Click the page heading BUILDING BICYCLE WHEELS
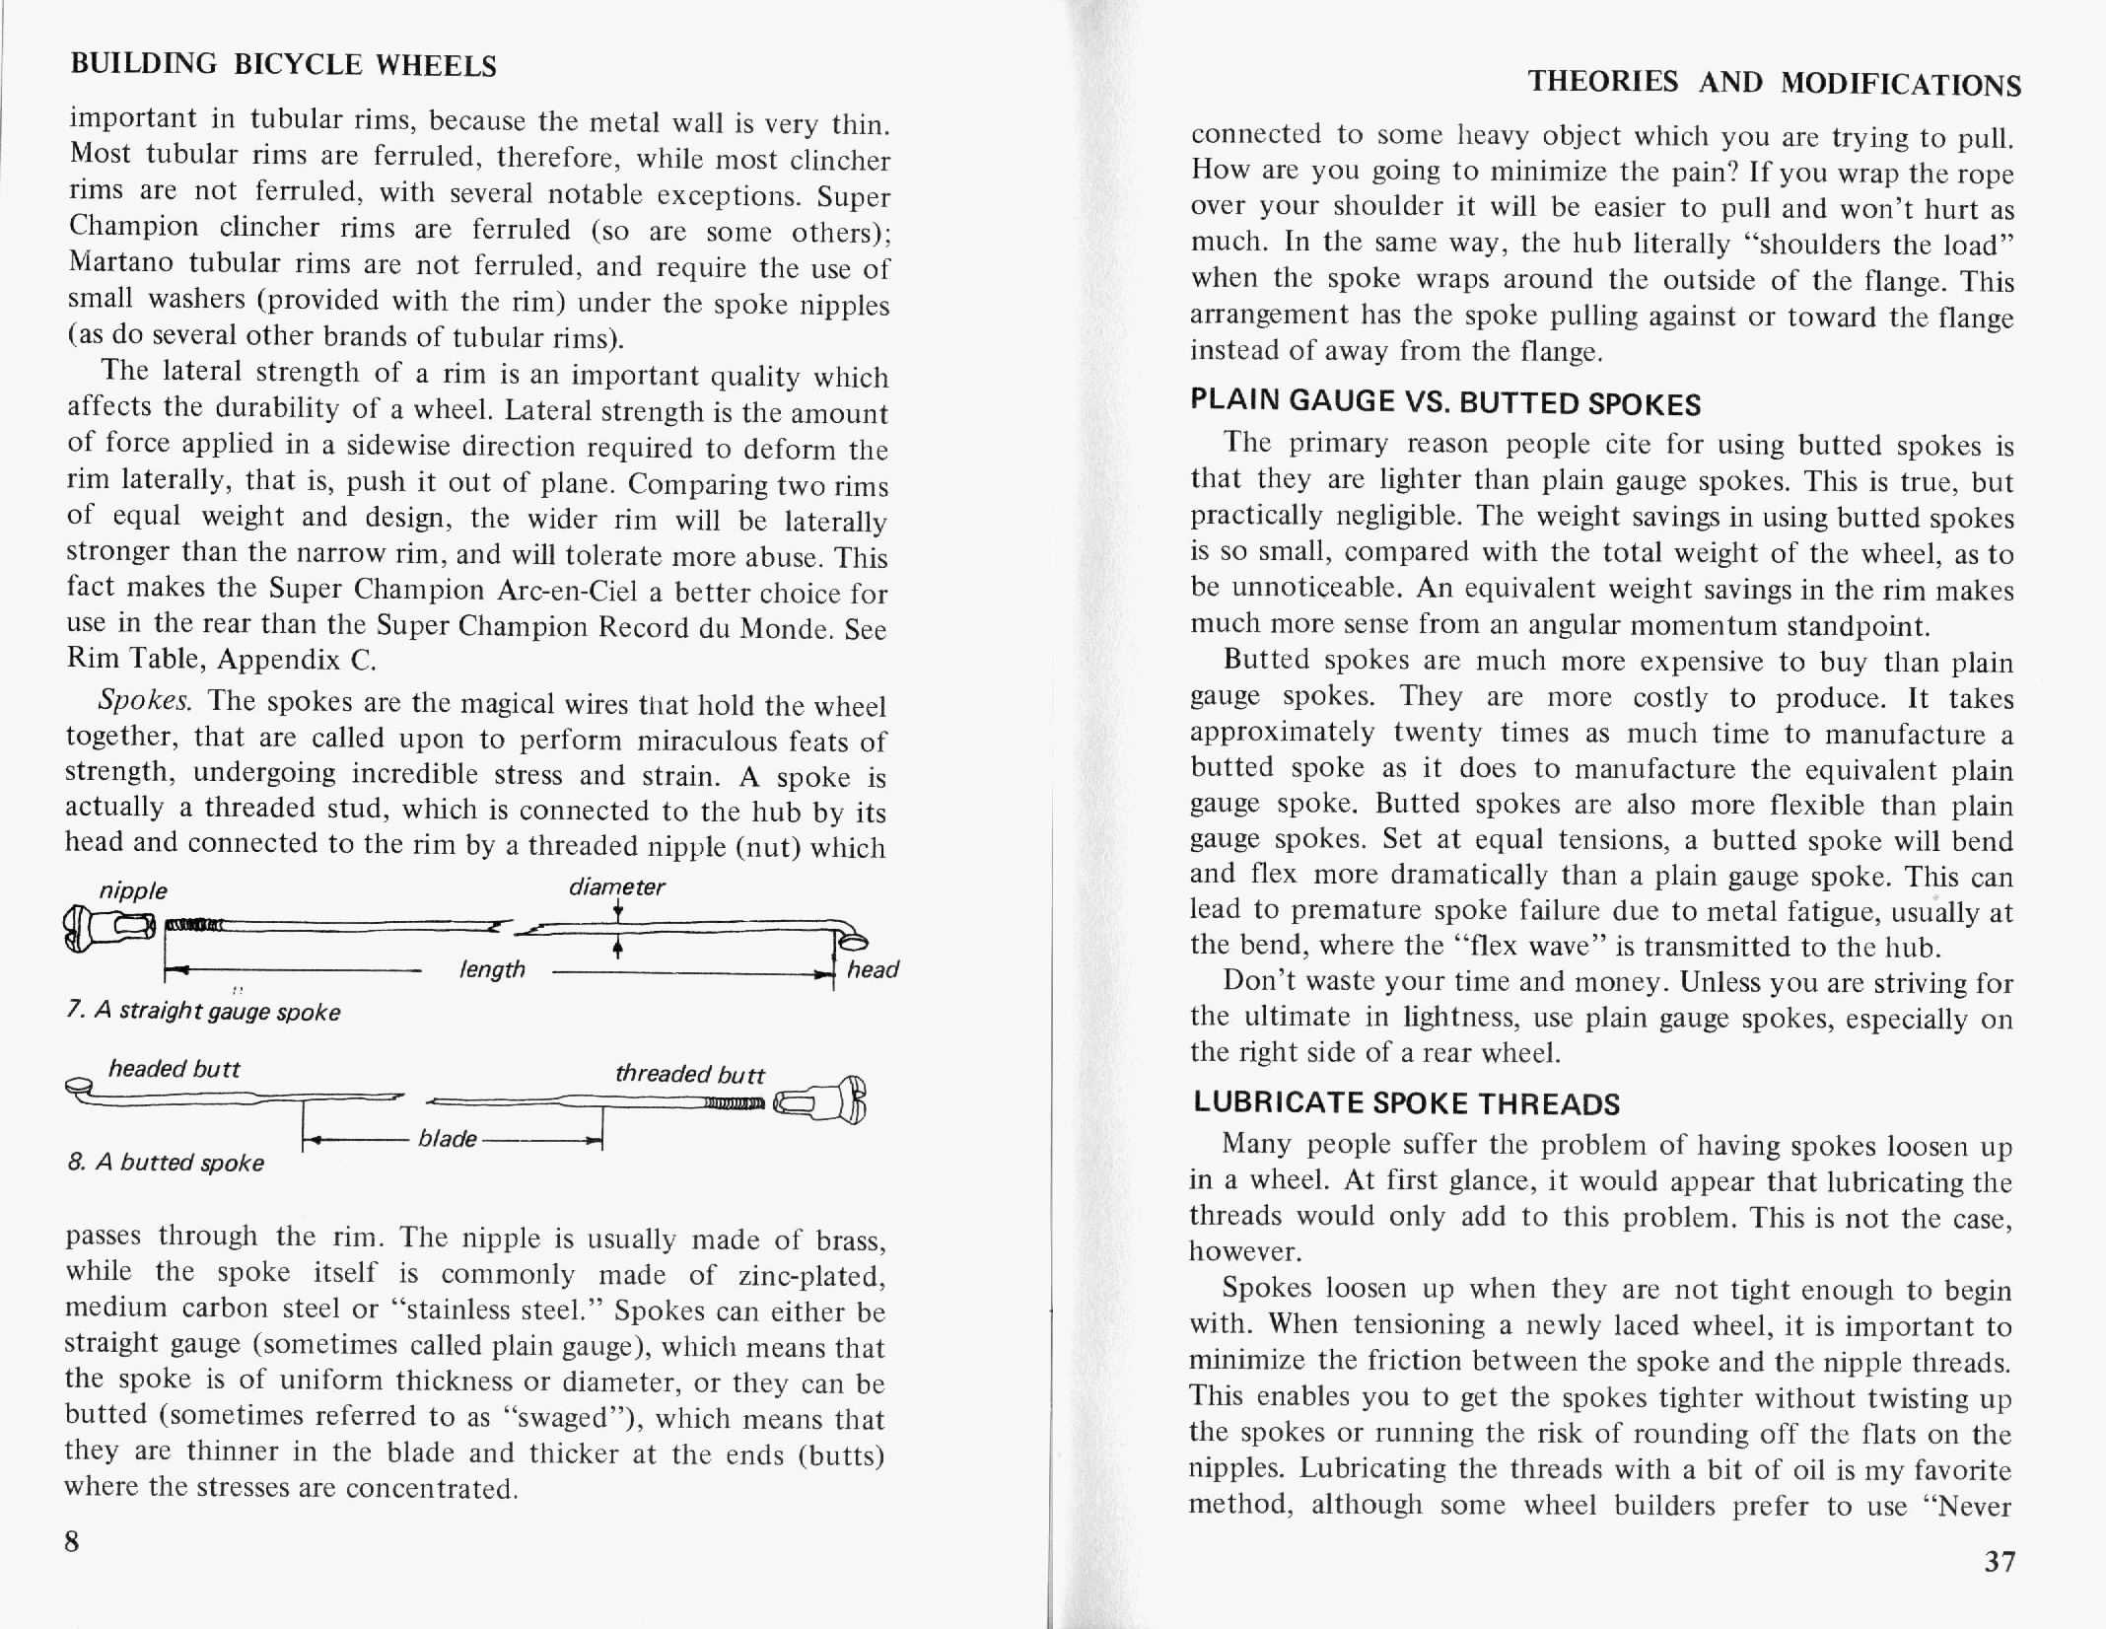(x=284, y=64)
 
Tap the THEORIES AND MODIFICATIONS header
(x=1774, y=82)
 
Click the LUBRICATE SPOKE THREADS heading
(x=1406, y=1102)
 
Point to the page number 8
(x=72, y=1541)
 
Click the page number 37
(x=2000, y=1561)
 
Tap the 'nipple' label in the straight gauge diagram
(x=133, y=890)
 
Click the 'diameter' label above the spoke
(x=617, y=886)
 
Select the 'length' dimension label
(x=492, y=969)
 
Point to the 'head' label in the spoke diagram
(x=873, y=969)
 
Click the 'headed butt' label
(x=174, y=1069)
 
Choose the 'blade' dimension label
(x=447, y=1139)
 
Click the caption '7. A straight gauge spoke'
(x=203, y=1013)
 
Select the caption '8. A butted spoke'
(x=166, y=1163)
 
